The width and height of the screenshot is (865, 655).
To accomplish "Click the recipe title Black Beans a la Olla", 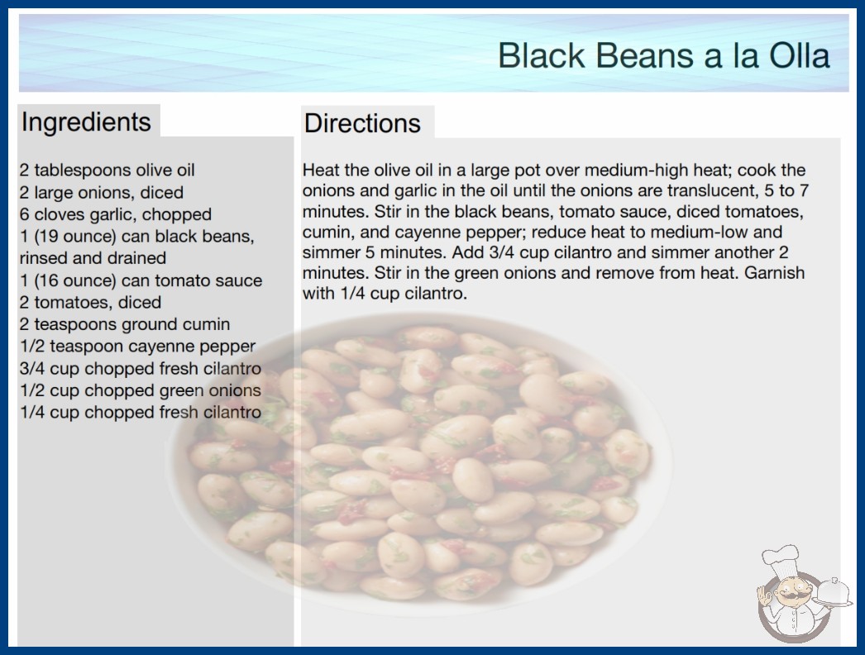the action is (x=664, y=55).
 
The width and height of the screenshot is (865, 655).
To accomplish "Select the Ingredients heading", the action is (x=86, y=122).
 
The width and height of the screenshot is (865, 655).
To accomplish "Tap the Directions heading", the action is (x=362, y=123).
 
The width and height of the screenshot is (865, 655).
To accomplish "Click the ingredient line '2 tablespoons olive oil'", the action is (x=107, y=170).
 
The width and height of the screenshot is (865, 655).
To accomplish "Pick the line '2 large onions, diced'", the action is (x=102, y=192).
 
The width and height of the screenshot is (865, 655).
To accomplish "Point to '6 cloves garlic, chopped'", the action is (x=116, y=214).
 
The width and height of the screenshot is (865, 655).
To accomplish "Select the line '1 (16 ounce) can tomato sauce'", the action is (x=141, y=280).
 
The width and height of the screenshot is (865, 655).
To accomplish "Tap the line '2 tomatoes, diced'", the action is (x=90, y=303).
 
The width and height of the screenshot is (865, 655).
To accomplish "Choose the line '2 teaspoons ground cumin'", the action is (x=125, y=324).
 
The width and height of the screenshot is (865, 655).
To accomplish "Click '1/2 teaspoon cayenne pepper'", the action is (x=138, y=347).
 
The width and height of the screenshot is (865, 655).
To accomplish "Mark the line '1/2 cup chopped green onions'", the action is (x=141, y=390).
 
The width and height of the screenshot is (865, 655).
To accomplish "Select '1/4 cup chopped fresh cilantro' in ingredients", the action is (x=141, y=413).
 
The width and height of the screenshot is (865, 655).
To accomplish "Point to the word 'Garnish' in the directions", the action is (x=775, y=273).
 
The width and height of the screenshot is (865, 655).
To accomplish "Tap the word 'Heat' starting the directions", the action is (x=320, y=170).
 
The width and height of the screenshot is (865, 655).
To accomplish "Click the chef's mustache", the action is (x=790, y=596).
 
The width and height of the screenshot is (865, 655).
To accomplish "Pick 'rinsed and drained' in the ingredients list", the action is (x=93, y=258).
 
